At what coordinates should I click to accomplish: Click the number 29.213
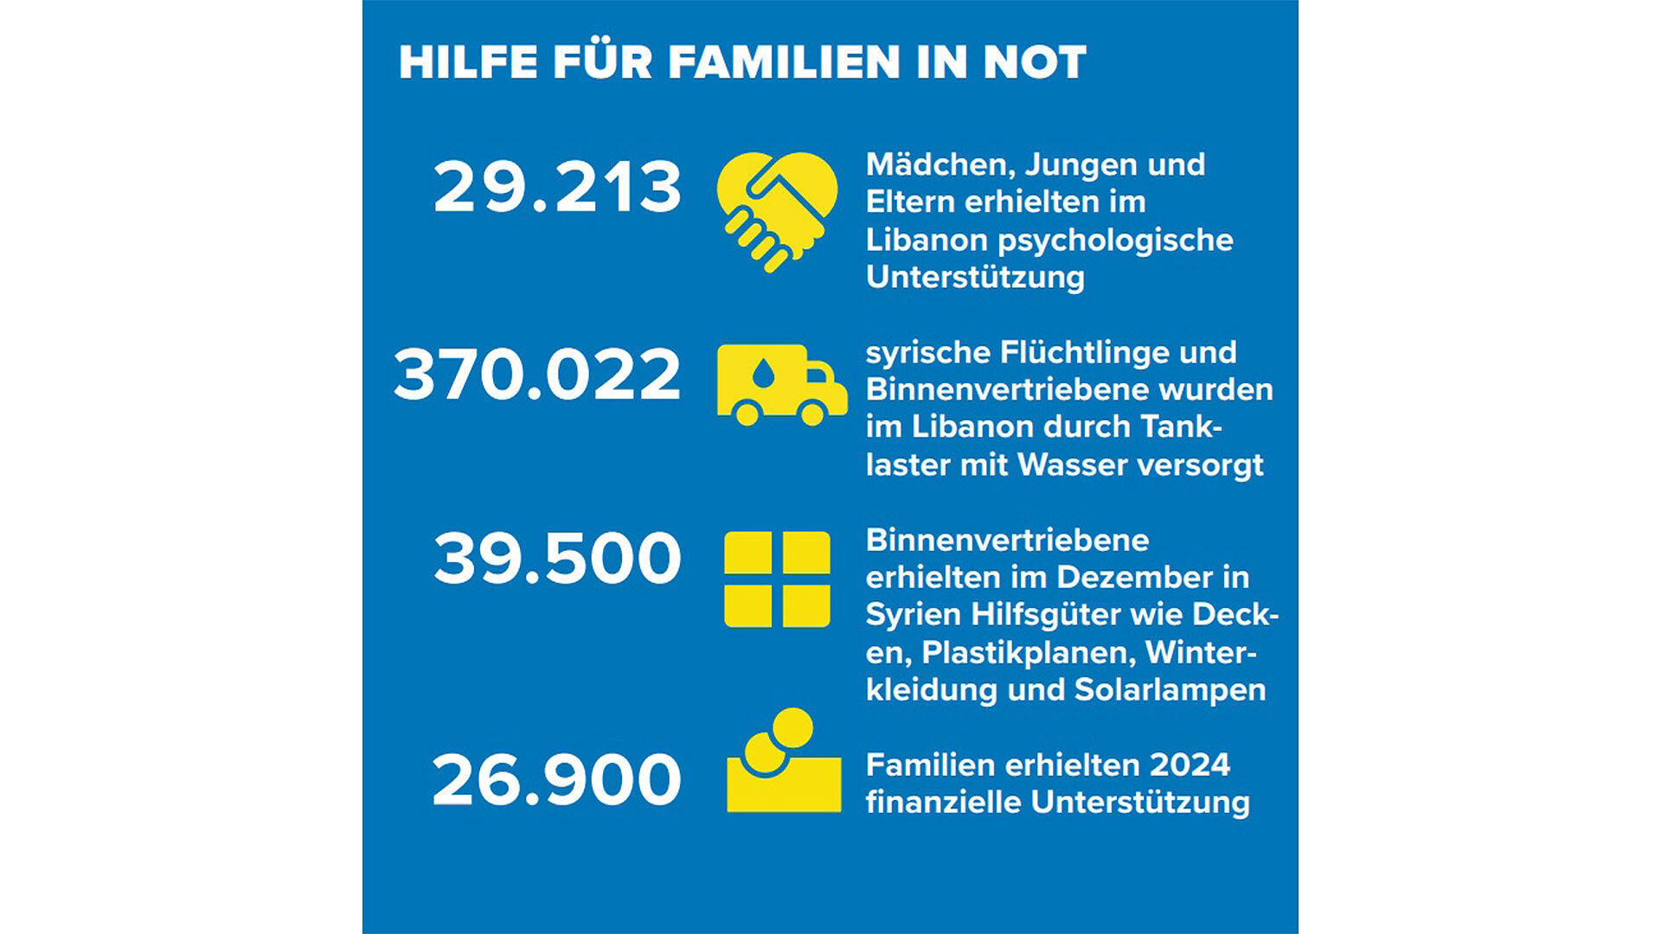(x=557, y=187)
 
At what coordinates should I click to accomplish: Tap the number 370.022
(x=537, y=374)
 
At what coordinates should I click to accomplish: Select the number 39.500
(x=557, y=559)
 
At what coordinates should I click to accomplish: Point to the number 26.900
(x=556, y=780)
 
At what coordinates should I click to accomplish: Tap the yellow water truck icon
(x=781, y=385)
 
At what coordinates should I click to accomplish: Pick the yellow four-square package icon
(x=777, y=579)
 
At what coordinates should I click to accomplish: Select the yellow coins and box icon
(x=783, y=763)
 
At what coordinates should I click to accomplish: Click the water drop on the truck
(x=763, y=374)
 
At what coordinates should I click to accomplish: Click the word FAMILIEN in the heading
(x=785, y=62)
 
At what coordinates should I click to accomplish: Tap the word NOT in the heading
(x=1035, y=62)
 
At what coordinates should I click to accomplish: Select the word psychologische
(x=1115, y=240)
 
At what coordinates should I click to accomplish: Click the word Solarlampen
(x=1170, y=689)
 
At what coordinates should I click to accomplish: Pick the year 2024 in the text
(x=1190, y=764)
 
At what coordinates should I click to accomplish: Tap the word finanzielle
(x=944, y=802)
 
